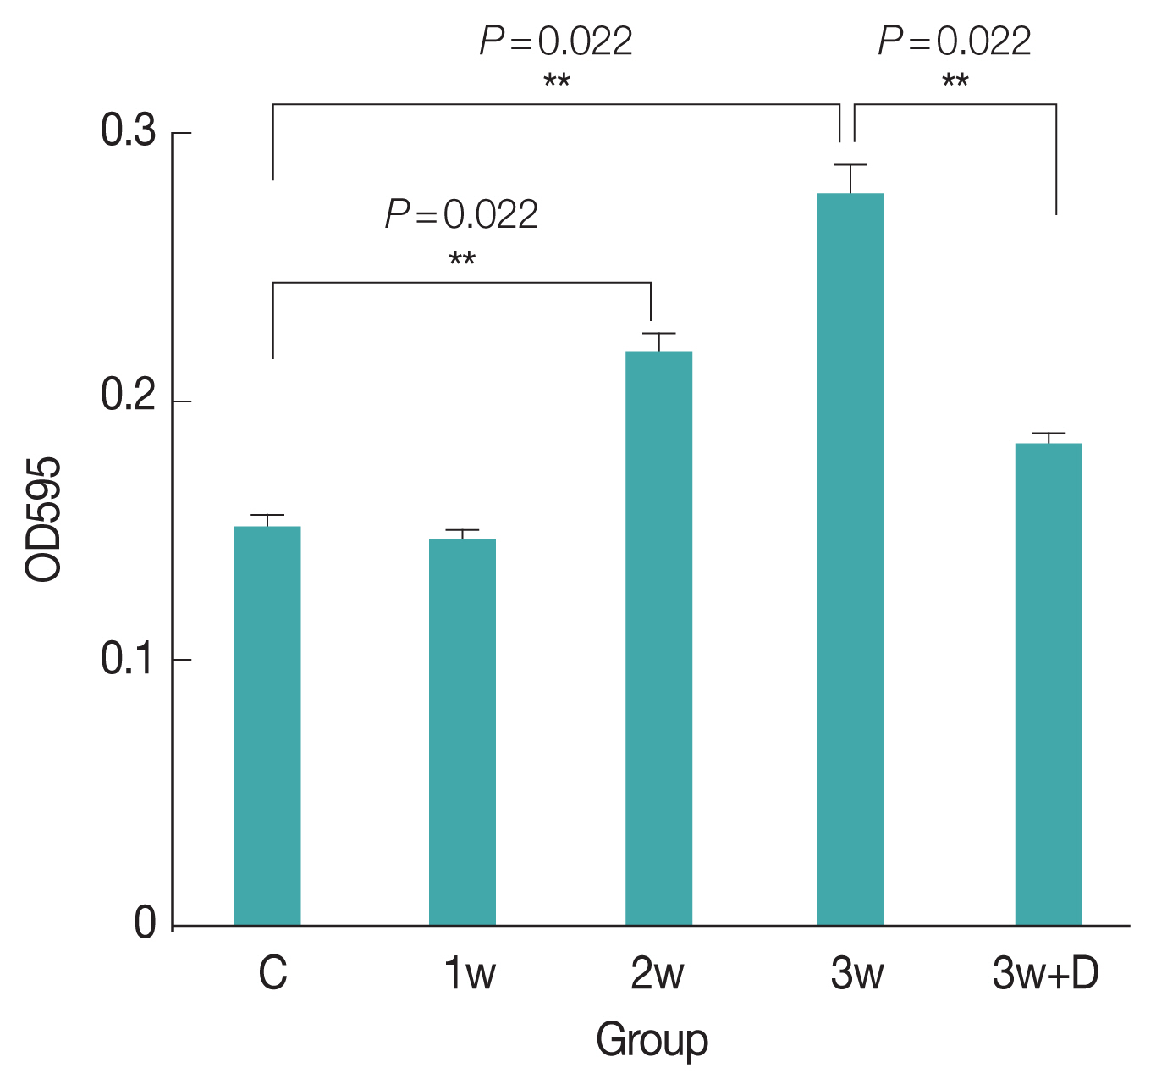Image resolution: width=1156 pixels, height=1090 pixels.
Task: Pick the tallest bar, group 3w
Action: pos(850,559)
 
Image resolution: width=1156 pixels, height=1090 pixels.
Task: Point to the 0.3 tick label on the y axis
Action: pos(129,132)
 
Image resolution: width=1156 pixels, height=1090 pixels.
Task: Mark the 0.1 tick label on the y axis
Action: pos(129,660)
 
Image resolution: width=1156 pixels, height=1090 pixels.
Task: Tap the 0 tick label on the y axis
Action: pos(146,924)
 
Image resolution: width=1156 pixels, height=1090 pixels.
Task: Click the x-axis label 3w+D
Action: pos(1045,974)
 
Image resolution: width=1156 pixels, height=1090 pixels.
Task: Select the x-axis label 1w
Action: pos(470,974)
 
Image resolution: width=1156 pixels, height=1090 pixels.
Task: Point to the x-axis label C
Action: pos(272,974)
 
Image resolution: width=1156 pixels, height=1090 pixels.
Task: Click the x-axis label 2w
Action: pos(657,974)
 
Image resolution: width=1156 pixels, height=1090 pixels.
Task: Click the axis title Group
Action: pos(652,1040)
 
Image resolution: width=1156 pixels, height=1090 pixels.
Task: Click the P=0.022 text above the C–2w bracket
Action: pos(462,215)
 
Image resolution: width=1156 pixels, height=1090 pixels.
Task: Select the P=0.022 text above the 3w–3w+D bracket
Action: pos(955,41)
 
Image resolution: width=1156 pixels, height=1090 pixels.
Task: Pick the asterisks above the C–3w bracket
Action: pos(557,83)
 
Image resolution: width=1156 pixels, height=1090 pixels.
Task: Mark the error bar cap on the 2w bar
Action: pos(658,334)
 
